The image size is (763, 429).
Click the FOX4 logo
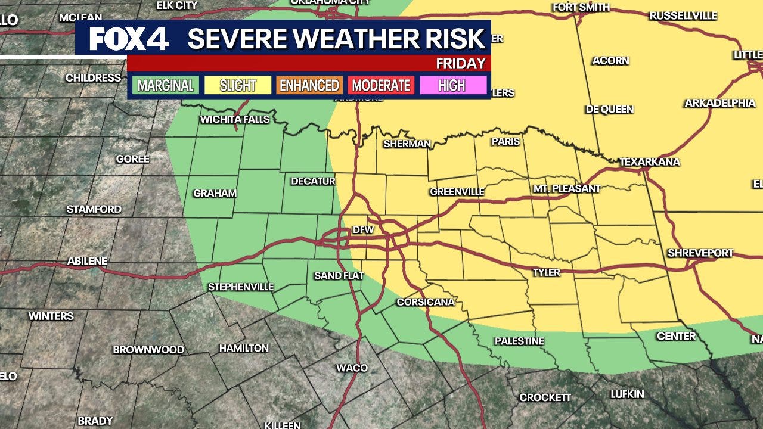129,39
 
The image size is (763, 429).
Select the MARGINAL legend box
165,85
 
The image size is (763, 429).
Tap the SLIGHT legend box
237,85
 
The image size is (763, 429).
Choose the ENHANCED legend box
309,85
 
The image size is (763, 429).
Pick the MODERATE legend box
381,85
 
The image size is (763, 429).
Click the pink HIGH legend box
452,85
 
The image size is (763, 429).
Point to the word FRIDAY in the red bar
460,63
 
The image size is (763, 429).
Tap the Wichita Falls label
235,119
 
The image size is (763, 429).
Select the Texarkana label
649,161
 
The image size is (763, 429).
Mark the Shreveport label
700,253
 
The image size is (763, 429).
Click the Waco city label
352,368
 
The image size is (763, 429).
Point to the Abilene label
87,261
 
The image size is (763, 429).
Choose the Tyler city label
546,272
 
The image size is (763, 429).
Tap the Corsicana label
426,302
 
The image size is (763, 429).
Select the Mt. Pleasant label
566,188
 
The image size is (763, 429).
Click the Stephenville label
241,287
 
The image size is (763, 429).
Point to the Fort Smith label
581,7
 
